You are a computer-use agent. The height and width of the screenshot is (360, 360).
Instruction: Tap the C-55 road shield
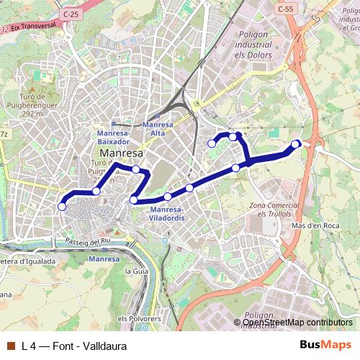coord(284,9)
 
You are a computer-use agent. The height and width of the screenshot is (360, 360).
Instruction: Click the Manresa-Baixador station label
coord(113,138)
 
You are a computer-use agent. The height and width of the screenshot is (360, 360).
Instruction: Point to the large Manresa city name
coord(122,153)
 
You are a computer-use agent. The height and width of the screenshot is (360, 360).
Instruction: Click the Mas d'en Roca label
coord(314,225)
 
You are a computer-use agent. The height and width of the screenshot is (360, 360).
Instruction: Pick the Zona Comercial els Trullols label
coord(268,210)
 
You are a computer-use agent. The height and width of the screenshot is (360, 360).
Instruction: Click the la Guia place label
coord(136,271)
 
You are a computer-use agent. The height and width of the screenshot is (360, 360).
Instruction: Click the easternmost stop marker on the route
coord(295,144)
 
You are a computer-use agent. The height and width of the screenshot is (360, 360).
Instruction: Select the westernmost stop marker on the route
coord(62,207)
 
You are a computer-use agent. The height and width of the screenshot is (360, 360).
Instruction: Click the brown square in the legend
coord(10,344)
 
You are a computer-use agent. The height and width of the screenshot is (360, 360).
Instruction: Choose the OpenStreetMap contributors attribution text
coord(297,323)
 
